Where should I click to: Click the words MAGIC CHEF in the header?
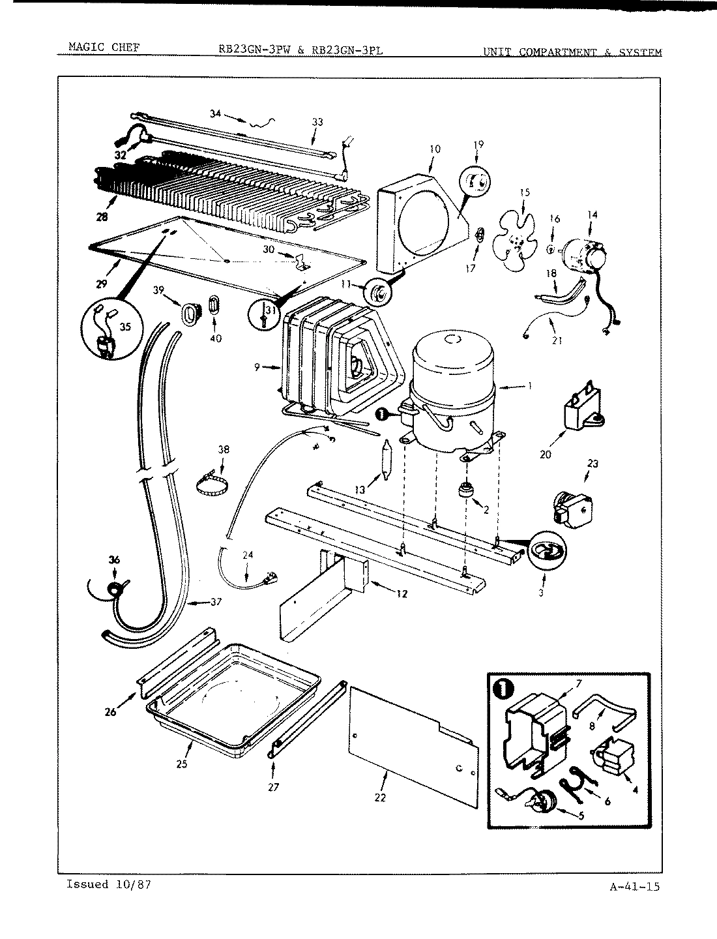[104, 48]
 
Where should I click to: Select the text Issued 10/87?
[110, 885]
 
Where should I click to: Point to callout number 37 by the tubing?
[216, 602]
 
